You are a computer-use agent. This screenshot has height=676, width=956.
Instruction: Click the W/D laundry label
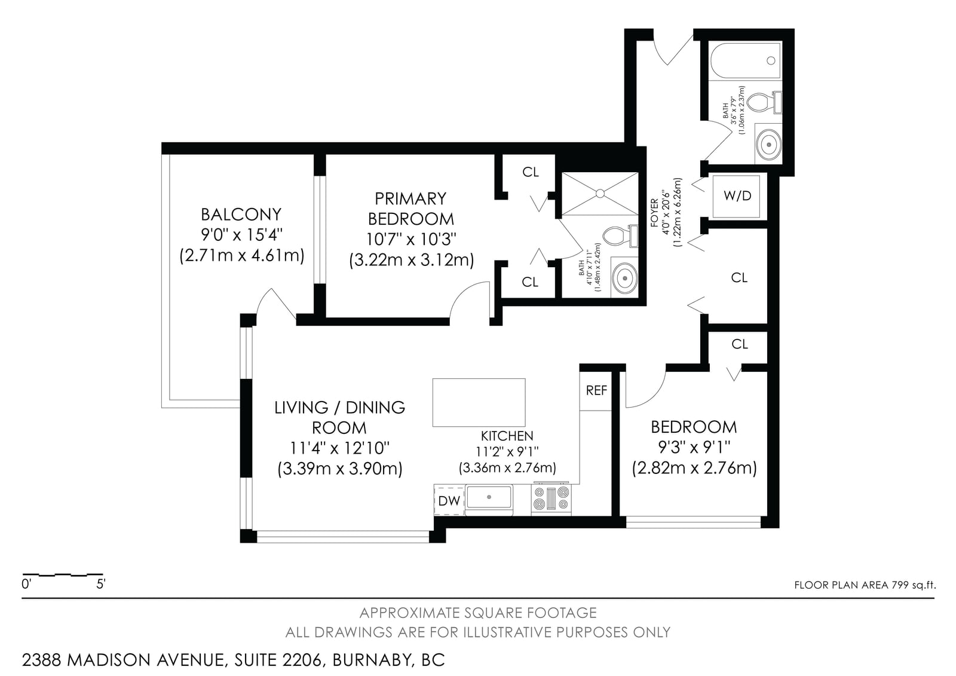[737, 196]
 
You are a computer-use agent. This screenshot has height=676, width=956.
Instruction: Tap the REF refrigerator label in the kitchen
[596, 390]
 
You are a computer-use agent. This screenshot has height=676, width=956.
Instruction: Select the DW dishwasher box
[449, 500]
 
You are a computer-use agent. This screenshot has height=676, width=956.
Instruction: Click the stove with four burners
[551, 498]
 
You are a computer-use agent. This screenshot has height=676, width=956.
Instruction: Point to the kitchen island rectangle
[479, 403]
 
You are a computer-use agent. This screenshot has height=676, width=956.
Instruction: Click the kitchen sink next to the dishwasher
[489, 498]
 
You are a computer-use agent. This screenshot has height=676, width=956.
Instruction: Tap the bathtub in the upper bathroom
[746, 60]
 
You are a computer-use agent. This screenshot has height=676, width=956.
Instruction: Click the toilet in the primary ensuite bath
[620, 236]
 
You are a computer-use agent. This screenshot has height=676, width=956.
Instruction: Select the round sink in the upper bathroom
[768, 145]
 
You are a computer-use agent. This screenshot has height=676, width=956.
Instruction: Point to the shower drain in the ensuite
[600, 194]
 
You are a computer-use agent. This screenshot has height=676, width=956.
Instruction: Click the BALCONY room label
[241, 215]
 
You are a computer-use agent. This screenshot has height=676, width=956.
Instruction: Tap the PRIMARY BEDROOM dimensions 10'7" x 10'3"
[411, 239]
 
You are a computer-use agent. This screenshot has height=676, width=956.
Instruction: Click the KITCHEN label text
[507, 436]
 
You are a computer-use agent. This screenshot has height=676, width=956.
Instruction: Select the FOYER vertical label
[654, 213]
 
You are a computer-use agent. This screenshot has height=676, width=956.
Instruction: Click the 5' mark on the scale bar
[101, 584]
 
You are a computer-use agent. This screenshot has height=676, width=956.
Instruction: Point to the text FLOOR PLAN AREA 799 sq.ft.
[865, 585]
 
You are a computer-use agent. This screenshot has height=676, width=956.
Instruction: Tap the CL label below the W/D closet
[739, 278]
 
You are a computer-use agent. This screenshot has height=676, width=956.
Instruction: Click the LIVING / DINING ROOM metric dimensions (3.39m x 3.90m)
[340, 469]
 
